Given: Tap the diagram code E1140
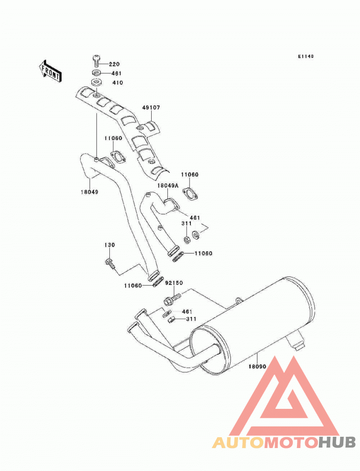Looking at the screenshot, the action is [x=306, y=56].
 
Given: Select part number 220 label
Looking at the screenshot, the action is [x=114, y=64].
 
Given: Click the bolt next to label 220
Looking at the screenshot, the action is [x=97, y=61].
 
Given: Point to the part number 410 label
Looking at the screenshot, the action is [x=117, y=82].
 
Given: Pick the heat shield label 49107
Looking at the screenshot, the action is [x=151, y=107].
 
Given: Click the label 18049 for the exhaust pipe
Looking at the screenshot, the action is [x=90, y=192].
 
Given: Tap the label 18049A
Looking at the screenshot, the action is [x=168, y=186].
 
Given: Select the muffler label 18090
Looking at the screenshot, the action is [x=257, y=366].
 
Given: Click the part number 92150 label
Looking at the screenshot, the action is [x=174, y=283].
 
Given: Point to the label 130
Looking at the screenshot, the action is [x=110, y=245].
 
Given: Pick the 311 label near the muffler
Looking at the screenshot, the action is [x=191, y=319].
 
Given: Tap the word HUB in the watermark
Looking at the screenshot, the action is [x=337, y=443].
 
